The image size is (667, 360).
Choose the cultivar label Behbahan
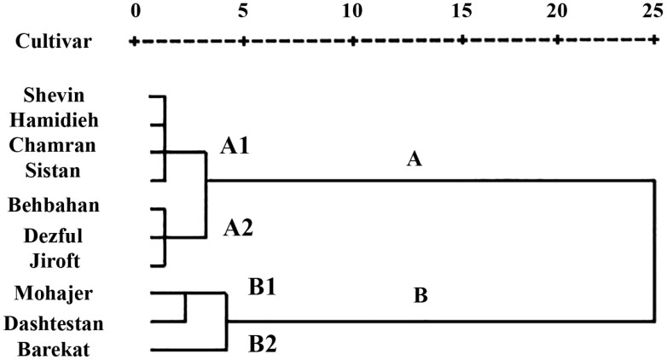(53, 205)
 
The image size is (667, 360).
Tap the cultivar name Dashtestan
(53, 323)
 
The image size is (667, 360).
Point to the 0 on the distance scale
(135, 10)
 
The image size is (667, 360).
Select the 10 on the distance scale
(351, 10)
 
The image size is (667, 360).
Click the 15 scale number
(462, 10)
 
